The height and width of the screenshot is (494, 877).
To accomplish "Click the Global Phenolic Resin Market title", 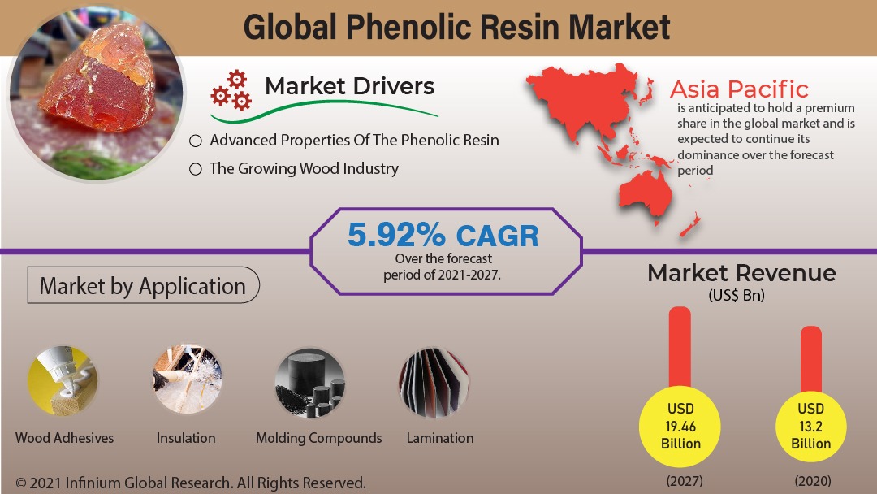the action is pyautogui.click(x=456, y=27).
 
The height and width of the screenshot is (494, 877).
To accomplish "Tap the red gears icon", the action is pyautogui.click(x=231, y=90).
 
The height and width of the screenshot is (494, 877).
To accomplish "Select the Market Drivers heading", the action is pyautogui.click(x=349, y=86).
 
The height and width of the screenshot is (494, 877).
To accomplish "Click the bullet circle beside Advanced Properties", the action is pyautogui.click(x=195, y=141).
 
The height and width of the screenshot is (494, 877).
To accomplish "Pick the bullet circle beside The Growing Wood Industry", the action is pyautogui.click(x=195, y=169).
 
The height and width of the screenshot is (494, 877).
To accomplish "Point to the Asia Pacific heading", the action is pyautogui.click(x=739, y=89).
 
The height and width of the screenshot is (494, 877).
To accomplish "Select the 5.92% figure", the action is pyautogui.click(x=396, y=235).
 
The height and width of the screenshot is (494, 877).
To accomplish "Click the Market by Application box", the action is pyautogui.click(x=143, y=285).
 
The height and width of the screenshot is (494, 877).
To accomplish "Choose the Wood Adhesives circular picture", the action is pyautogui.click(x=63, y=381).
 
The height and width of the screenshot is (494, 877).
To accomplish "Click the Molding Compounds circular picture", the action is pyautogui.click(x=310, y=383).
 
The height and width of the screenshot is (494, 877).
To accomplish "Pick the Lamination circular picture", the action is pyautogui.click(x=434, y=383).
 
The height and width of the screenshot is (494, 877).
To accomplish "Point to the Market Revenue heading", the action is pyautogui.click(x=741, y=273).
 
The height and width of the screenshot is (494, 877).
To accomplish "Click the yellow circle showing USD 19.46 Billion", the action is pyautogui.click(x=680, y=427).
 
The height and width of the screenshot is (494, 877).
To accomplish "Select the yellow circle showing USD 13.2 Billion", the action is pyautogui.click(x=811, y=427).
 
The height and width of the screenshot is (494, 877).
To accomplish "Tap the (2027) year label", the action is pyautogui.click(x=685, y=480).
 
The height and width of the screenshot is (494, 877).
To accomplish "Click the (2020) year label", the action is pyautogui.click(x=813, y=480).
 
